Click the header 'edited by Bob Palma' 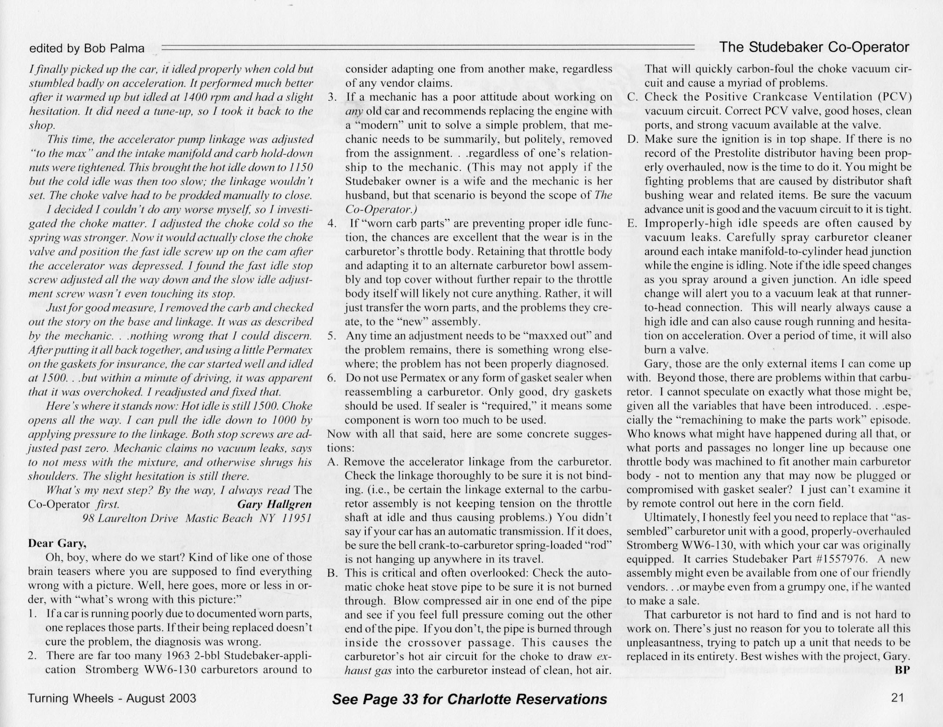tap(87, 48)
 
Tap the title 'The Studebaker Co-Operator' tap(814, 47)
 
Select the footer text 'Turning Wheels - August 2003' tap(112, 698)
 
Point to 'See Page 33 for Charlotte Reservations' tap(469, 699)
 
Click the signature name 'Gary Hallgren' tap(274, 504)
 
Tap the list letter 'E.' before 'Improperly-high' tap(633, 223)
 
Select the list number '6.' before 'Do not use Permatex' tap(333, 378)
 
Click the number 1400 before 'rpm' tap(197, 97)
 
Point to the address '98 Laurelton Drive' tap(130, 518)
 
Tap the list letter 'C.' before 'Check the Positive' tap(633, 97)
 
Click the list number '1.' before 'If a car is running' tap(32, 613)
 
